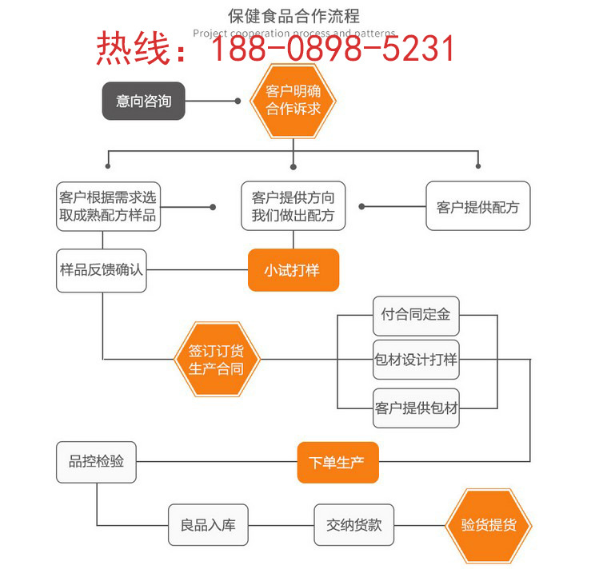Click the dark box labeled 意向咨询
click(143, 101)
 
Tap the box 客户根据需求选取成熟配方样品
click(108, 206)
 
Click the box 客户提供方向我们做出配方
click(293, 206)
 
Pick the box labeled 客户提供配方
click(477, 207)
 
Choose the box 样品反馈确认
click(102, 270)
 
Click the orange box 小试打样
click(293, 270)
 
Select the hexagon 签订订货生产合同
click(216, 359)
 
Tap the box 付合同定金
click(416, 314)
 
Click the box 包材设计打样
click(416, 360)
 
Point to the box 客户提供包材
click(416, 408)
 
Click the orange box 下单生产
click(337, 462)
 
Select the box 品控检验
click(96, 462)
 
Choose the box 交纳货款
click(354, 525)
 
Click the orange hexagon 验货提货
click(488, 525)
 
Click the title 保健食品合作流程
click(294, 15)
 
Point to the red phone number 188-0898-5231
click(332, 50)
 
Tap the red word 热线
click(134, 50)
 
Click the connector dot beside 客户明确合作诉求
click(238, 101)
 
